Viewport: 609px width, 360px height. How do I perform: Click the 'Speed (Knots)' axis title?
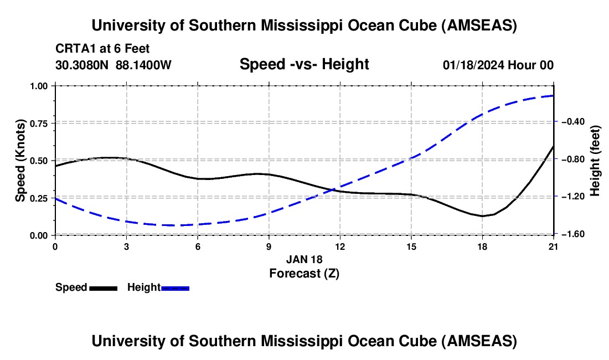point(20,160)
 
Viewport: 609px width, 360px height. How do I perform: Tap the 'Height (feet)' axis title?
point(595,161)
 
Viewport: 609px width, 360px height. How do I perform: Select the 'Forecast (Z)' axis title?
point(304,273)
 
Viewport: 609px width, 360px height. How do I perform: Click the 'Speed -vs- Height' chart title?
point(304,65)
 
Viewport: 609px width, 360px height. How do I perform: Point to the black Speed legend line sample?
point(103,287)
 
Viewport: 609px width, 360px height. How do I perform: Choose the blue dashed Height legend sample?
point(176,287)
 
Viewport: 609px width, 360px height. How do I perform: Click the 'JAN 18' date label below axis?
point(304,259)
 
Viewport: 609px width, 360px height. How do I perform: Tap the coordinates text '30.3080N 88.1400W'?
point(113,65)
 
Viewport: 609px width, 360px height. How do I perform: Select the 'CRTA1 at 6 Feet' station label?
point(102,49)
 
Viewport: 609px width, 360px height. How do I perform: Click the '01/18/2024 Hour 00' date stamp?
point(498,65)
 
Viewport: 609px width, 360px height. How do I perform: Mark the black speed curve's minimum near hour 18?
point(483,216)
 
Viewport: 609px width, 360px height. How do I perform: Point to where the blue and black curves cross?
point(331,190)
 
